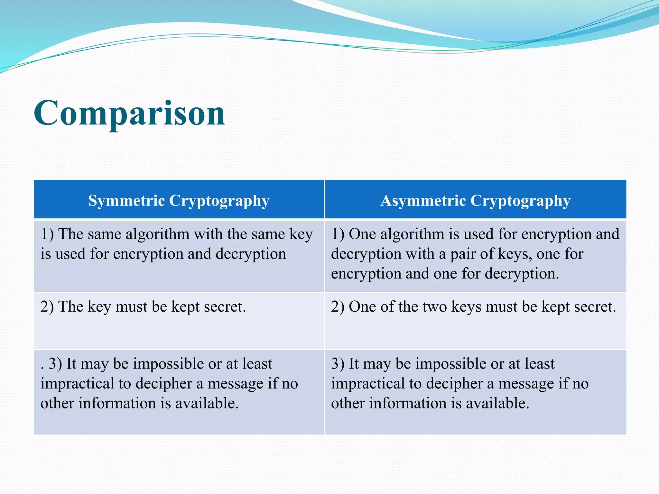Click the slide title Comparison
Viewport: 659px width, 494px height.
click(x=129, y=113)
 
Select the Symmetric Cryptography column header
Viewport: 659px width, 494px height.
click(x=179, y=200)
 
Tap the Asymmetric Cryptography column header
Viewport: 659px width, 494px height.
click(x=475, y=200)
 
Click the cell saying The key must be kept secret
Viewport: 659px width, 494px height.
click(x=143, y=306)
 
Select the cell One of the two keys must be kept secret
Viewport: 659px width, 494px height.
click(x=473, y=306)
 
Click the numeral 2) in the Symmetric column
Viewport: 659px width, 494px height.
click(x=47, y=306)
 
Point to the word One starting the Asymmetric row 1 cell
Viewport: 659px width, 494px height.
click(x=362, y=234)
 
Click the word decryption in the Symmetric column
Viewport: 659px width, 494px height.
click(x=251, y=254)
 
